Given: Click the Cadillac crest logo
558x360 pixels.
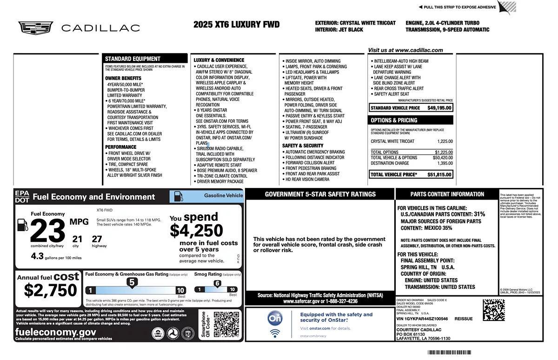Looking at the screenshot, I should click(36, 28).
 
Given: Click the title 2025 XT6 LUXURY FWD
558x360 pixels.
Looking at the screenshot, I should click(237, 25).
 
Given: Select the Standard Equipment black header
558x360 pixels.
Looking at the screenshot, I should click(133, 59).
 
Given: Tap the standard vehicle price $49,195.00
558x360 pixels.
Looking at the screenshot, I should click(439, 108).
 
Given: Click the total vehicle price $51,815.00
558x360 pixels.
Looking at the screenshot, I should click(439, 174).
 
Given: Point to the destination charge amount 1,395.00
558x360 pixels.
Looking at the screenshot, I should click(445, 163).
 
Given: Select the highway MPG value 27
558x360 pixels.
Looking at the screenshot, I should click(97, 239).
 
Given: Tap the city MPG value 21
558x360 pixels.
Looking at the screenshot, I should click(77, 239).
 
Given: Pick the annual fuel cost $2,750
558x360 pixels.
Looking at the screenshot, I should click(50, 290).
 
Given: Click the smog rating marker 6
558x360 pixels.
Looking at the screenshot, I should click(217, 283).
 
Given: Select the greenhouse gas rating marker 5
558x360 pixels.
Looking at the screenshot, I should click(132, 282).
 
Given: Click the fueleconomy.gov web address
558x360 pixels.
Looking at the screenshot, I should click(56, 332).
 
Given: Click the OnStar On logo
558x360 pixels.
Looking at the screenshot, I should click(274, 318).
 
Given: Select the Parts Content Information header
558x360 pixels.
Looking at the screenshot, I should click(447, 194).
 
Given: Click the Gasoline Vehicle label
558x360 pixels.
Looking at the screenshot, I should click(223, 196).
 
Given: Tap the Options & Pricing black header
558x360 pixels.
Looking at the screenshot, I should click(394, 120).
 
